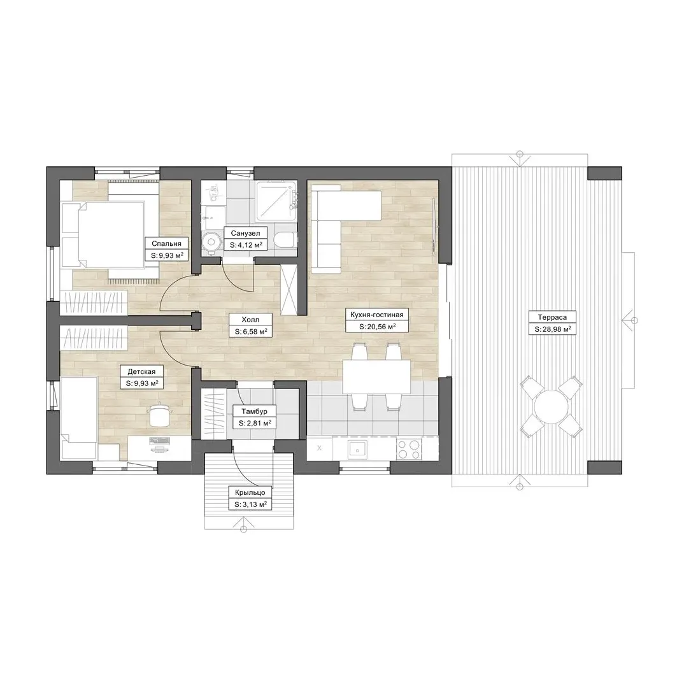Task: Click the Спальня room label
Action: click(x=166, y=244)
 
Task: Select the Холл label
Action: click(x=250, y=320)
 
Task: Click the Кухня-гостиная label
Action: click(x=377, y=315)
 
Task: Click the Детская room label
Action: click(x=141, y=372)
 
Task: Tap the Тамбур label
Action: click(x=254, y=411)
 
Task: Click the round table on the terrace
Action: click(x=551, y=406)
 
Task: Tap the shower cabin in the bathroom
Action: click(x=276, y=201)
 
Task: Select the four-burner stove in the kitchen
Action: click(x=409, y=449)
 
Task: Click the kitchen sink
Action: click(x=357, y=449)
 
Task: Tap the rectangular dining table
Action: click(x=377, y=376)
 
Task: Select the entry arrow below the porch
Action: click(x=244, y=524)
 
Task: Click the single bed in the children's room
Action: click(x=78, y=418)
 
